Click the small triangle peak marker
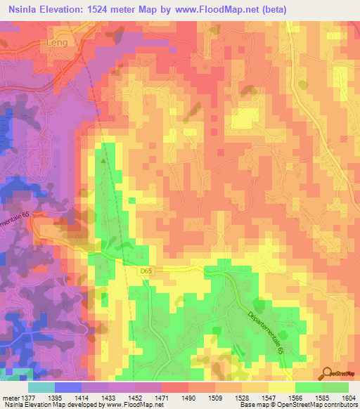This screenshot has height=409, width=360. [x=104, y=161]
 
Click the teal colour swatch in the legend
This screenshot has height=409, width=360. [x=41, y=387]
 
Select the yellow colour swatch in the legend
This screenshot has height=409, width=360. [x=282, y=387]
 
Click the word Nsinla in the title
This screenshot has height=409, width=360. [x=20, y=8]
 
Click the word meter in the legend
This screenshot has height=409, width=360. [x=12, y=397]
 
